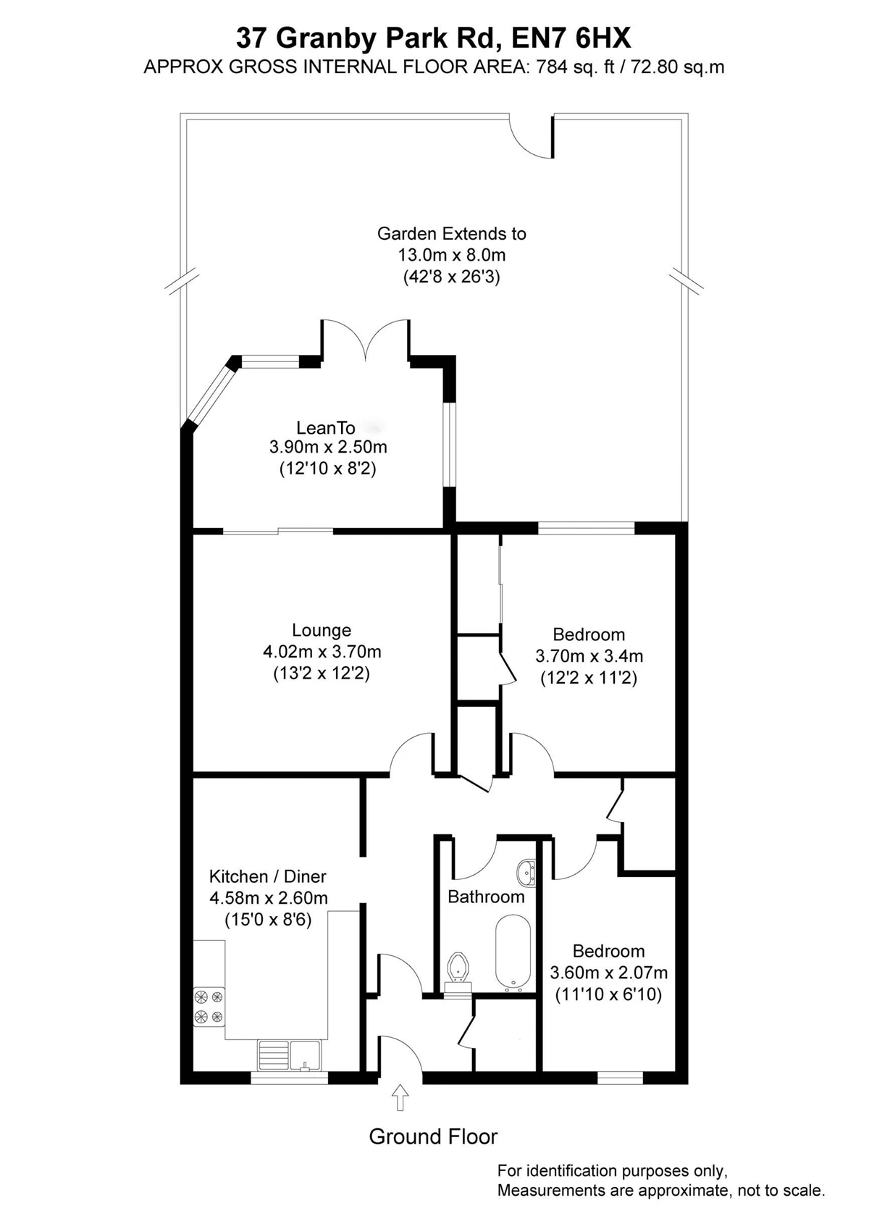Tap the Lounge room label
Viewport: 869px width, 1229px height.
(322, 630)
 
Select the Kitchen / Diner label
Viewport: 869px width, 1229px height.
(268, 876)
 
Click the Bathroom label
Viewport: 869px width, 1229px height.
(486, 897)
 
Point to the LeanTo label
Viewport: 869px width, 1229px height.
(326, 427)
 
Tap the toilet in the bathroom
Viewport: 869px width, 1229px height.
(458, 972)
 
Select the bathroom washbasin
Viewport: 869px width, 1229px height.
(526, 873)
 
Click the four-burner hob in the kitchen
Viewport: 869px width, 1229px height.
(209, 1007)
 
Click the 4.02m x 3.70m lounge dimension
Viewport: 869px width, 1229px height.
(322, 652)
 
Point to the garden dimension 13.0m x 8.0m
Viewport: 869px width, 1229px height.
(451, 255)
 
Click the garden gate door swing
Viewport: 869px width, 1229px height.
(531, 136)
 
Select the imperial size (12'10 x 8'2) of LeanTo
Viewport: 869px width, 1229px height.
(327, 469)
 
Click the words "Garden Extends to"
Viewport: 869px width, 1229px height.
(451, 234)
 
